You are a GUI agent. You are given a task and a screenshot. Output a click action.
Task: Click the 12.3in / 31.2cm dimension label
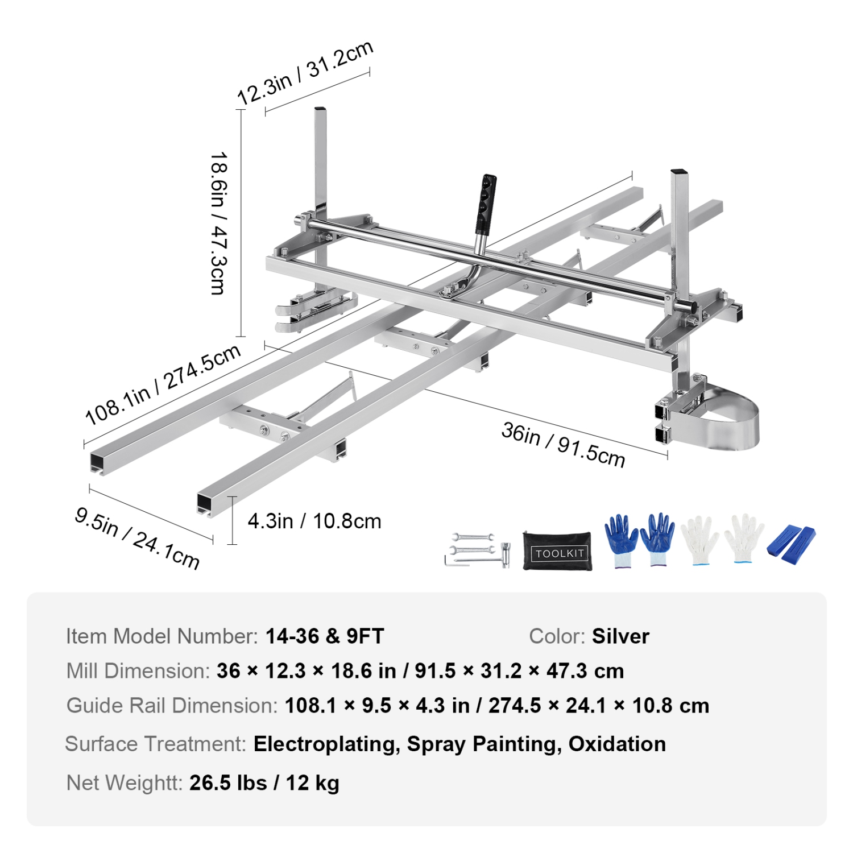(x=305, y=73)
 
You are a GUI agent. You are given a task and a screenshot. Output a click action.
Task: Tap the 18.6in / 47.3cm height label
(x=219, y=222)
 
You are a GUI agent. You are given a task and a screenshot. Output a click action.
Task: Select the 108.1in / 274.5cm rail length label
(x=163, y=385)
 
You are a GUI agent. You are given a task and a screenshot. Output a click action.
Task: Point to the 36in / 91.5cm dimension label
(x=563, y=444)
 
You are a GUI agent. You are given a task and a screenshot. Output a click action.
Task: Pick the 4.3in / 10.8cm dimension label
(x=314, y=521)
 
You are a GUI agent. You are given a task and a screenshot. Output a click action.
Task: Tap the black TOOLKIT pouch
(x=558, y=550)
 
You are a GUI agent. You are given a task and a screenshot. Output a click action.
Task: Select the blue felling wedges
(x=791, y=544)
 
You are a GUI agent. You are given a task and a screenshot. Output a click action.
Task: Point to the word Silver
(x=620, y=636)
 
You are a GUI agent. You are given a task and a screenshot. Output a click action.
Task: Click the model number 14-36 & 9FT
(x=325, y=636)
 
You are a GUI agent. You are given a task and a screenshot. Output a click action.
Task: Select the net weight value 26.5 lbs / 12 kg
(x=264, y=783)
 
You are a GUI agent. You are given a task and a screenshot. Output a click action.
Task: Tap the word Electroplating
(x=326, y=744)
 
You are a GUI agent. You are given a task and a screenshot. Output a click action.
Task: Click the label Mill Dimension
(x=138, y=671)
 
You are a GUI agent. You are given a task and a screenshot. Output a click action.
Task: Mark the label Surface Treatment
(x=155, y=744)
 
